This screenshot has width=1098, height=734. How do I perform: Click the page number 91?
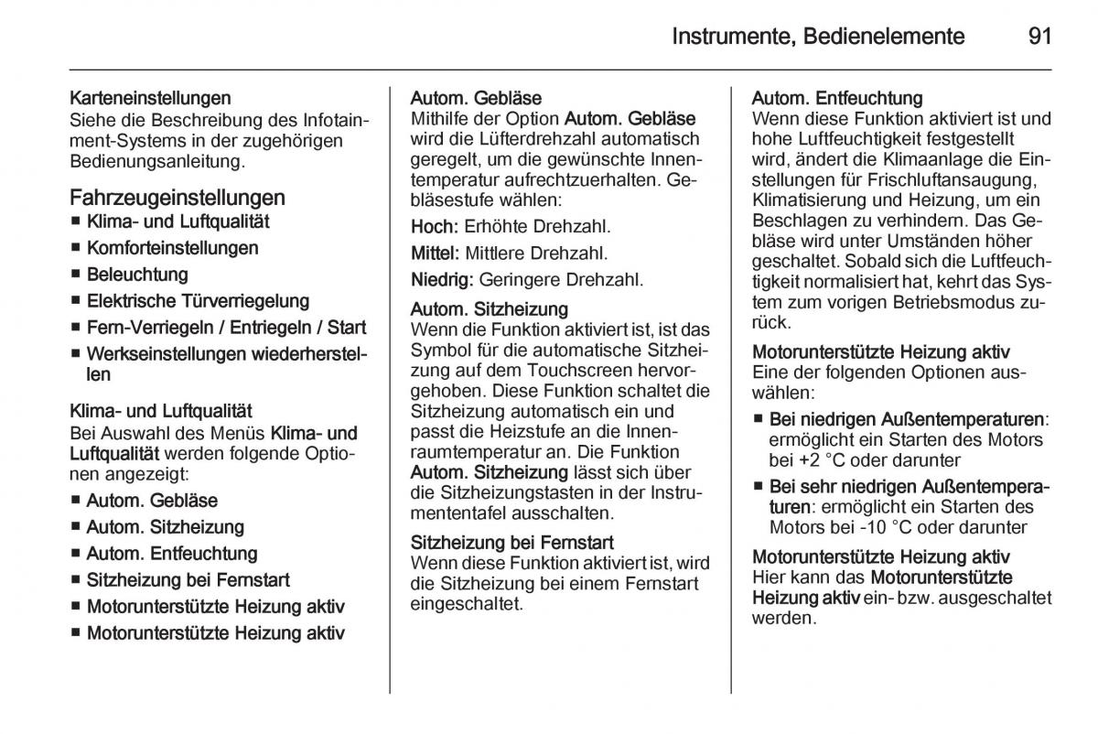pos(1039,37)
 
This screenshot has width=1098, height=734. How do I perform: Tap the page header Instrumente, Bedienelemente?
pos(818,37)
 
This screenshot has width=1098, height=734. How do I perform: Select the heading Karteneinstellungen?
pos(150,97)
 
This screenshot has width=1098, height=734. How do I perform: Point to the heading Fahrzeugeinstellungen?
pos(178,197)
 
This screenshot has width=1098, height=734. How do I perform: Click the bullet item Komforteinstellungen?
pos(172,248)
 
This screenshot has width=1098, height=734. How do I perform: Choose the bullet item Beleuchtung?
pos(137,275)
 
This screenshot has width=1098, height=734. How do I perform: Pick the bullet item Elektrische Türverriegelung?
pos(198,301)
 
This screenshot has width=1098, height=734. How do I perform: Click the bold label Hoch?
pos(433,226)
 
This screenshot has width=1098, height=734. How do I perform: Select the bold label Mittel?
pos(435,253)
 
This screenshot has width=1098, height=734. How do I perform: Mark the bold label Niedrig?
pos(441,279)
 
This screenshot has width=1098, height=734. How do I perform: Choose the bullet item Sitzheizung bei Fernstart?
pos(188,580)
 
